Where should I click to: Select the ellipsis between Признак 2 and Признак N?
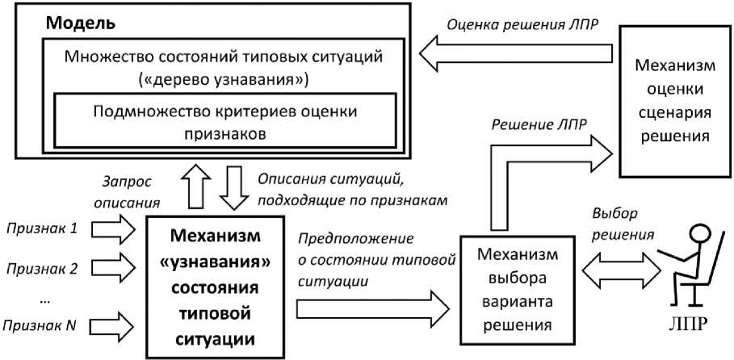45,298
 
